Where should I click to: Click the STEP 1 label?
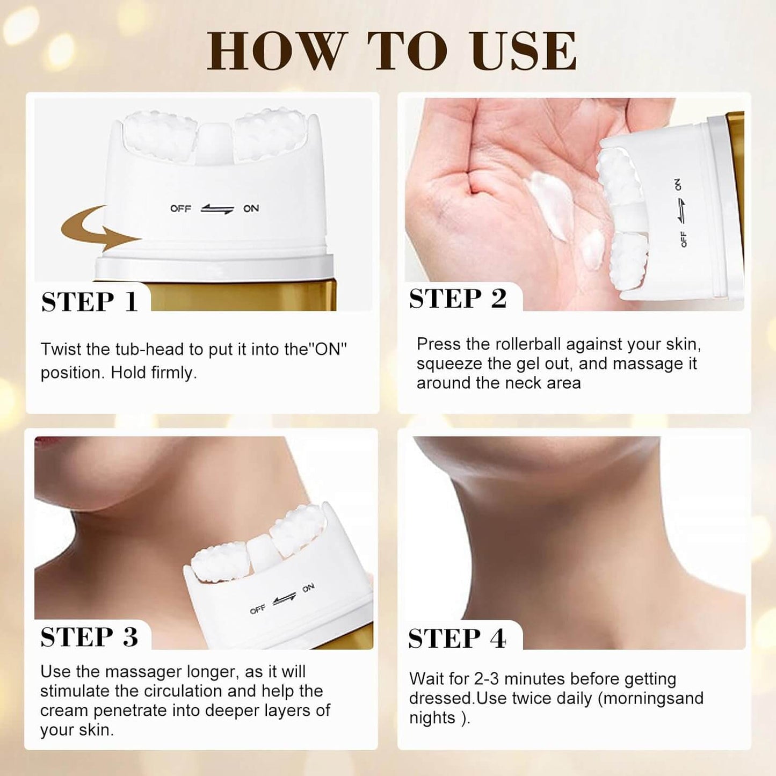pos(89,302)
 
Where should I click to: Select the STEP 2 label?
pos(458,299)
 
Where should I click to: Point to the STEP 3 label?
pos(89,637)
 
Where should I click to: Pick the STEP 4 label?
pos(457,639)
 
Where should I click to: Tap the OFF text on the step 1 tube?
pos(181,208)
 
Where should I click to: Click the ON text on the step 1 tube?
pos(251,208)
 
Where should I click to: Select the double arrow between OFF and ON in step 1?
pos(217,208)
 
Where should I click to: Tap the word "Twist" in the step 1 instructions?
pos(61,349)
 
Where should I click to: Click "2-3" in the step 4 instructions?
pos(487,679)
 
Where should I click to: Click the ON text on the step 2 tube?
pos(677,184)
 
